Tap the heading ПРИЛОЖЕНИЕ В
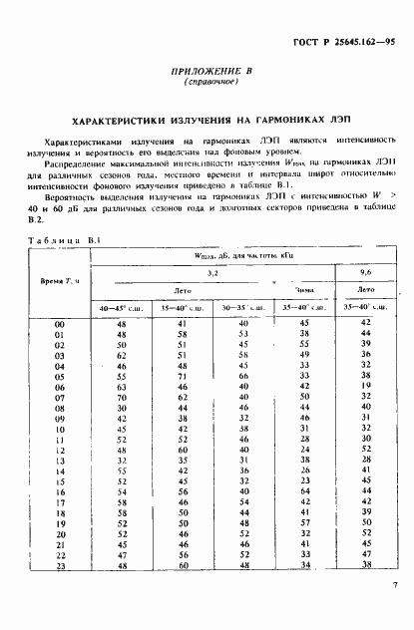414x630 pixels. coord(207,73)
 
